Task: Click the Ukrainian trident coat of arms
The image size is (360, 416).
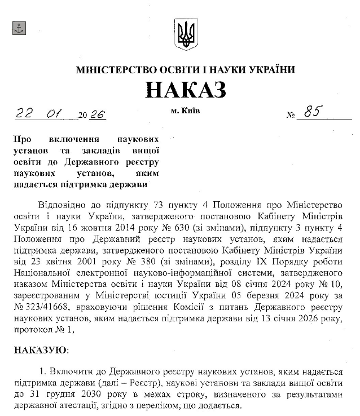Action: pos(186,34)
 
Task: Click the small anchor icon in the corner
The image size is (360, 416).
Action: pos(19,27)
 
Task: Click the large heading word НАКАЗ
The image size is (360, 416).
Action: pos(186,90)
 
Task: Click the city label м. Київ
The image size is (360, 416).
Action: pos(185,110)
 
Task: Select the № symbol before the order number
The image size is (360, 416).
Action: pos(291,116)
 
